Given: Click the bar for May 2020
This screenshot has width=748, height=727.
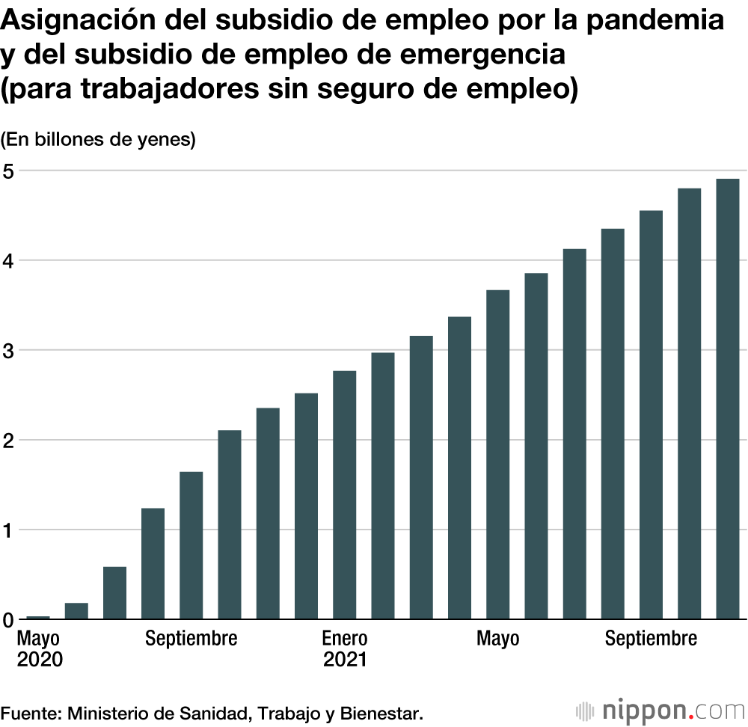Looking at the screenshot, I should [38, 617].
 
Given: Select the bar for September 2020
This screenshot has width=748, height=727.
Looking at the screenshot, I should [191, 546].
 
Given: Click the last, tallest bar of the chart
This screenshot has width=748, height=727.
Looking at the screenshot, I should [727, 399].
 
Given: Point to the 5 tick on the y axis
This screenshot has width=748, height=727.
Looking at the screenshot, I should [7, 170].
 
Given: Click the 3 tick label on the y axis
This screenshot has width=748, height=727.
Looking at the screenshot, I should [7, 350].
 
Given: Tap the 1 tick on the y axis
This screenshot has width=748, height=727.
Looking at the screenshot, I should [7, 530].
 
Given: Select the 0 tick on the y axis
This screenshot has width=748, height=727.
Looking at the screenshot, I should [7, 620].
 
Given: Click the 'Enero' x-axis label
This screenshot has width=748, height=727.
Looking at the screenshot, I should [345, 639].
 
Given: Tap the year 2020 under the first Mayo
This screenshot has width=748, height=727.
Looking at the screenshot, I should [40, 660].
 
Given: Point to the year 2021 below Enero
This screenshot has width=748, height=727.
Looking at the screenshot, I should [345, 660].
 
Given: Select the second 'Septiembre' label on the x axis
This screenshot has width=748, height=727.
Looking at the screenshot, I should [651, 639].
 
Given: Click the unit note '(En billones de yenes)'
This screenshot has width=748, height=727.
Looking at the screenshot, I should [99, 139].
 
